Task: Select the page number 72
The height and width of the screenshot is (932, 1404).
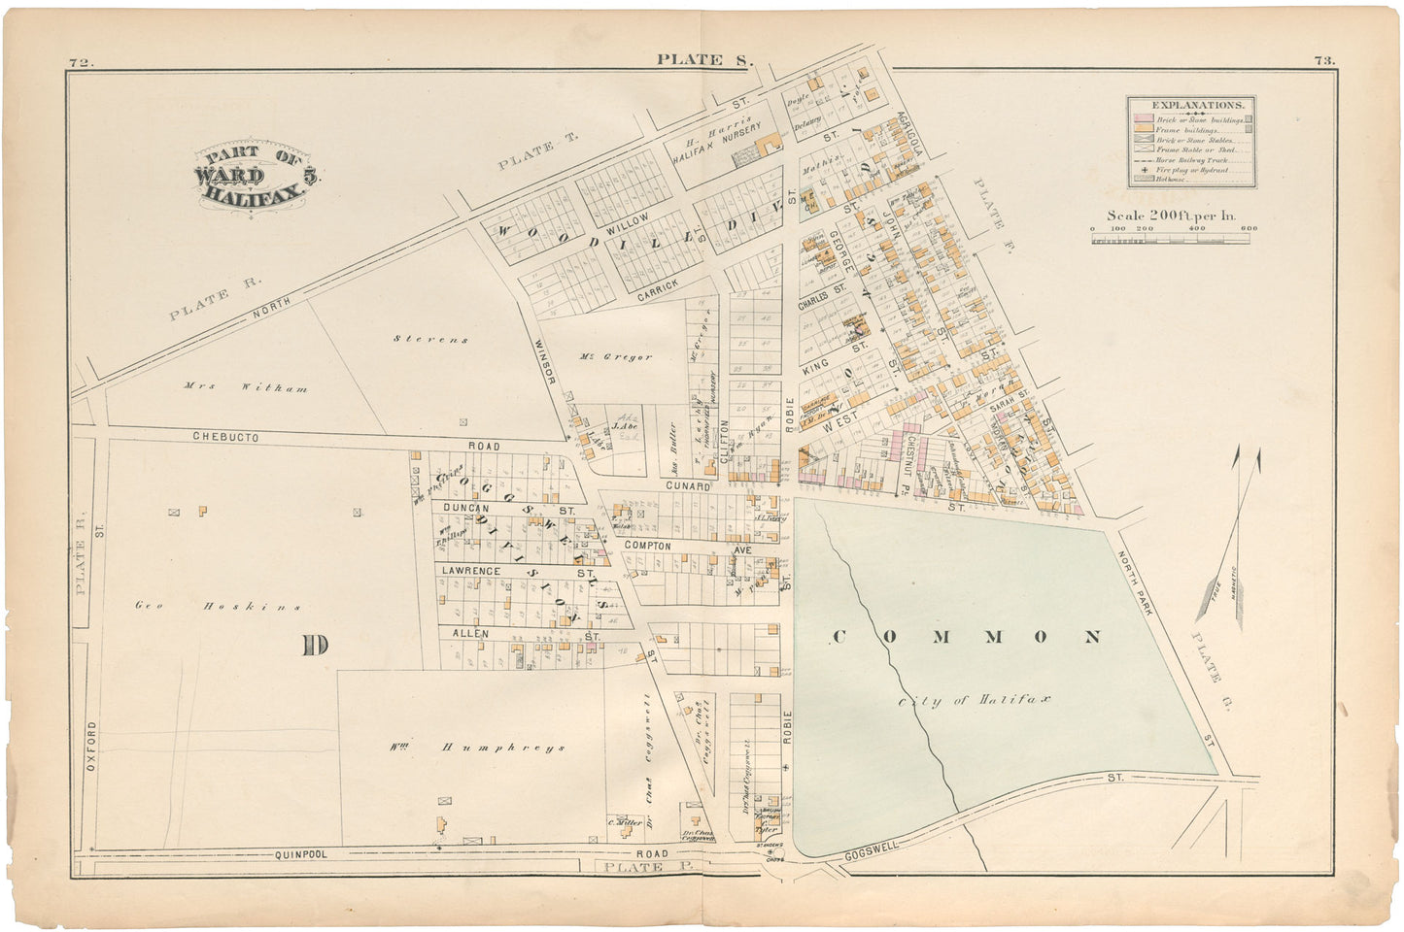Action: coord(80,63)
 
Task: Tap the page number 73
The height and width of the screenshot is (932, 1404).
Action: coord(1323,60)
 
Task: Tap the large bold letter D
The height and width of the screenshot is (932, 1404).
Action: coord(314,646)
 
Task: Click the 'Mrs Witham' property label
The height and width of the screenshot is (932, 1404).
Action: coord(246,388)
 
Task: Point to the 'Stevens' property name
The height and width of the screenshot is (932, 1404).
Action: coord(431,339)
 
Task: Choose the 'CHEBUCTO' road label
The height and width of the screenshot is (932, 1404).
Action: coord(224,438)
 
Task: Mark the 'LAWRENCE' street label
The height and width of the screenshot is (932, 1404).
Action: coord(471,572)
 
